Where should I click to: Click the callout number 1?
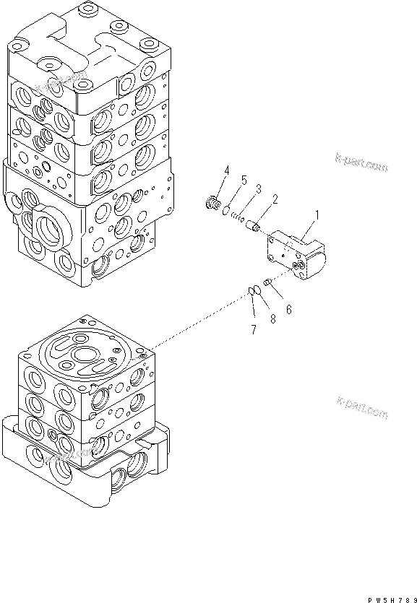pos(315,214)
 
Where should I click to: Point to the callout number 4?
pos(226,170)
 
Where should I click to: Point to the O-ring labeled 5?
pos(227,212)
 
